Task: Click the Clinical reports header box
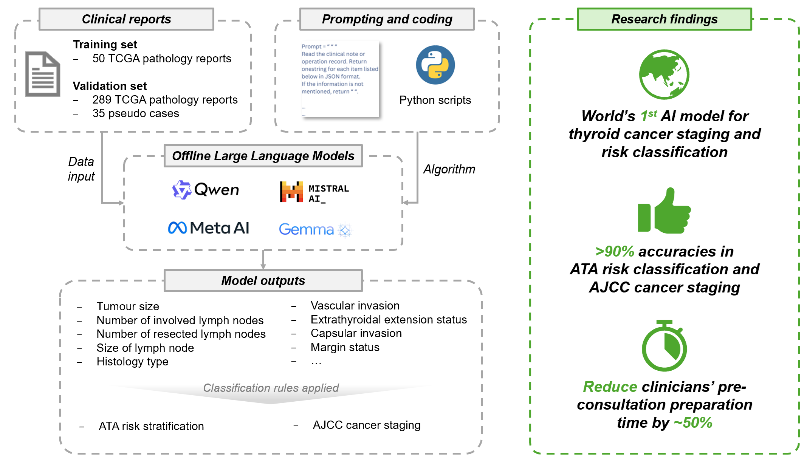click(126, 19)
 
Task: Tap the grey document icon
click(42, 74)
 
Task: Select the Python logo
click(435, 65)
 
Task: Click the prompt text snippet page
click(340, 79)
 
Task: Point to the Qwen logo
click(206, 190)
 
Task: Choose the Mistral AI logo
click(314, 192)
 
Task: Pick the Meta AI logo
click(208, 228)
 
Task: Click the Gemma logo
click(314, 229)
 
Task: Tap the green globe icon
click(664, 74)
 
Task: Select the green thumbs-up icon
click(664, 211)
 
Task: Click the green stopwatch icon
click(664, 346)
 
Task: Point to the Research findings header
click(664, 19)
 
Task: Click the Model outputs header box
click(263, 280)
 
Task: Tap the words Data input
click(81, 169)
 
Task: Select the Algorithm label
click(449, 169)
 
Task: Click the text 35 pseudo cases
click(136, 113)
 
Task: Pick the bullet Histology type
click(132, 362)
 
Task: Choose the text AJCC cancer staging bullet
click(366, 425)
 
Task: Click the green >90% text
click(615, 251)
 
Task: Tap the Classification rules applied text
click(271, 388)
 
